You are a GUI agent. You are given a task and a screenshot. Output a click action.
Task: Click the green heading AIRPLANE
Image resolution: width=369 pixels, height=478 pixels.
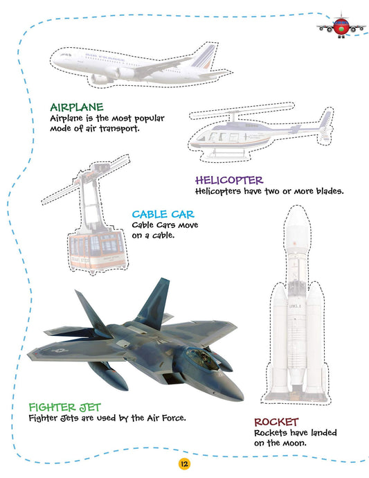tap(77, 107)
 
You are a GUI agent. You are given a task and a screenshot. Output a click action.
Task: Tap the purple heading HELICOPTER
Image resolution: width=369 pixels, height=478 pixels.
tap(229, 180)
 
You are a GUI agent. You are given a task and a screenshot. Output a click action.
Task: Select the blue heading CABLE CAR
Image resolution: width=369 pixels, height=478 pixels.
tap(163, 214)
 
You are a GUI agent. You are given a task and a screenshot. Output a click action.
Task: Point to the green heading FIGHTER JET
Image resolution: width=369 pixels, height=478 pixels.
tap(64, 407)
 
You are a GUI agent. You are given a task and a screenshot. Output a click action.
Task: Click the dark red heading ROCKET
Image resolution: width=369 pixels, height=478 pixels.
tap(276, 422)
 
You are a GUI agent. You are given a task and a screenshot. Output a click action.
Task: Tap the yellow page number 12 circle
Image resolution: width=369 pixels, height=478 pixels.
tap(184, 464)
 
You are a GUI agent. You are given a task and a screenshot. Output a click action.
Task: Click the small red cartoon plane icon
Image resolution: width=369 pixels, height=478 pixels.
tap(341, 27)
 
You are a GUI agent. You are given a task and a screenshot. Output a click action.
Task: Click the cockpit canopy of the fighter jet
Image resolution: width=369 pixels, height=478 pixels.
tap(201, 357)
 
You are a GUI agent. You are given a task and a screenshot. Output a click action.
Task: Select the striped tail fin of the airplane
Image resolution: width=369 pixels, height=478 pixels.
tap(204, 57)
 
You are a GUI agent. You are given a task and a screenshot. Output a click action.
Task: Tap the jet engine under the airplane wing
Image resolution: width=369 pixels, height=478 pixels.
tap(125, 73)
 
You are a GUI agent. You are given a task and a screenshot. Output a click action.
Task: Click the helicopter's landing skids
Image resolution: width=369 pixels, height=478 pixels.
tap(228, 153)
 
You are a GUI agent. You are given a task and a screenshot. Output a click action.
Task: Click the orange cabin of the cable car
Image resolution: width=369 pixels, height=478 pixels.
tap(97, 250)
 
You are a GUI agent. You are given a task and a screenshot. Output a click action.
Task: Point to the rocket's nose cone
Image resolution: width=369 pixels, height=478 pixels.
tap(297, 218)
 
